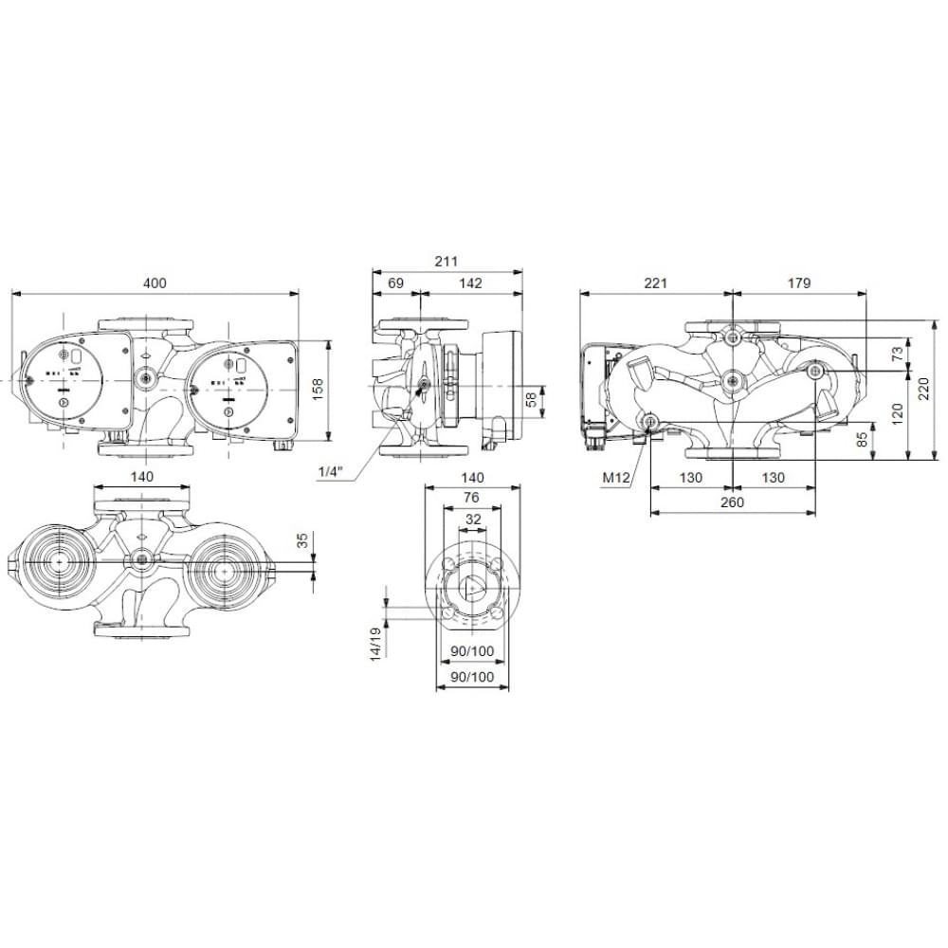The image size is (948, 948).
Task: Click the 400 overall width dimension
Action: (155, 283)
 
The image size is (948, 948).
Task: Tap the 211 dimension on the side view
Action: (446, 261)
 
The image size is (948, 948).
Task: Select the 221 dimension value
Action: (656, 283)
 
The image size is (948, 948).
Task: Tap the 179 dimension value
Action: (798, 283)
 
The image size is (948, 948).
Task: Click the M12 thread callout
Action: (615, 478)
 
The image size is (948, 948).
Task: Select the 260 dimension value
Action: (732, 501)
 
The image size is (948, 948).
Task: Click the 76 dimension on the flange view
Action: (471, 498)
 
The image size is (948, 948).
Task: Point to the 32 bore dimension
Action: (471, 519)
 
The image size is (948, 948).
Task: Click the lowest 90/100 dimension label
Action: (471, 676)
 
